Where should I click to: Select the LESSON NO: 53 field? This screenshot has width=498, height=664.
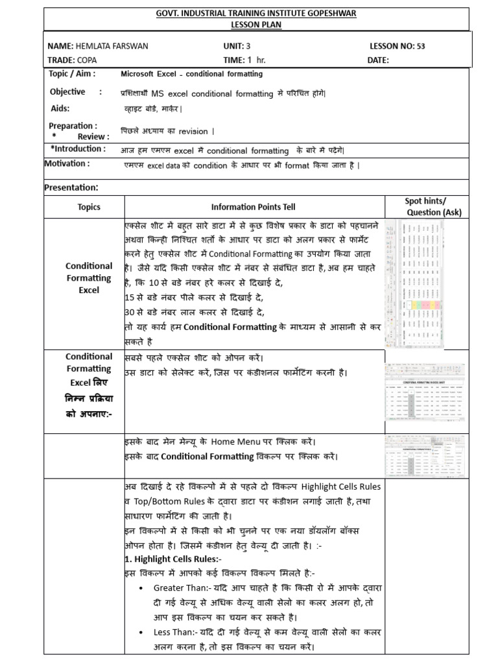[397, 47]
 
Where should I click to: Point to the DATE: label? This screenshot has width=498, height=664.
[379, 60]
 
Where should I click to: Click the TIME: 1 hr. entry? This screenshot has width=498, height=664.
[244, 60]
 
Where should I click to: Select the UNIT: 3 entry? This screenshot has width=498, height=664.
[237, 47]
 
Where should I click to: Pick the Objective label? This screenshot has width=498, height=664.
[67, 92]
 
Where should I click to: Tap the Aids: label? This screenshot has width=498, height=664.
[60, 108]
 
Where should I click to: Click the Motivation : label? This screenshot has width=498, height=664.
[67, 163]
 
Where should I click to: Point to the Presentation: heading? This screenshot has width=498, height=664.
[71, 187]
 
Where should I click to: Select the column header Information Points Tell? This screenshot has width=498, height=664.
[253, 207]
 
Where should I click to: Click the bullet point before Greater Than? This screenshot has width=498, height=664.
[141, 587]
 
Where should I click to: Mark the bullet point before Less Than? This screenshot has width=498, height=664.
[141, 632]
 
